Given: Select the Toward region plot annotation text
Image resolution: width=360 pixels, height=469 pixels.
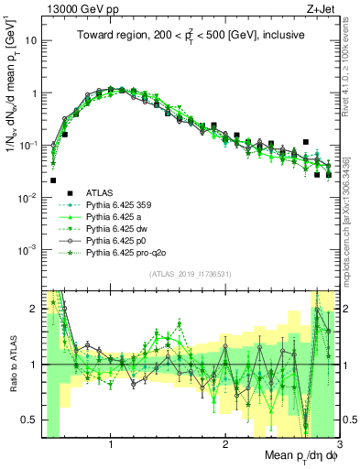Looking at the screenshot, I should coord(191,34).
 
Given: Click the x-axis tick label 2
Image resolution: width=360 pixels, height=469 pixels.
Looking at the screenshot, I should coord(225,447).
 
